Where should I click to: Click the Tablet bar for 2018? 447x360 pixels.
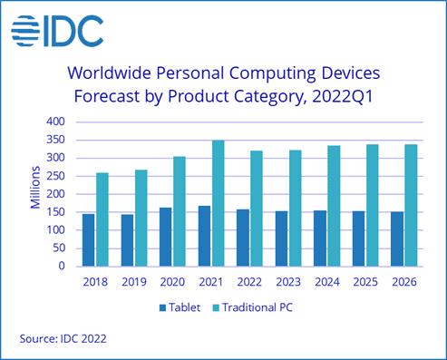[88, 240]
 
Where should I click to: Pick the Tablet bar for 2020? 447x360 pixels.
[165, 238]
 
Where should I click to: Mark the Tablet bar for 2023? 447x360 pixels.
[280, 239]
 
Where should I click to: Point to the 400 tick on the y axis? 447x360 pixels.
[57, 122]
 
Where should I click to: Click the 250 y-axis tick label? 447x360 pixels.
[57, 176]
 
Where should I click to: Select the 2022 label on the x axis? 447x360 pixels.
[249, 282]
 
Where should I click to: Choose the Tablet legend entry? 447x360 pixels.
[181, 306]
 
